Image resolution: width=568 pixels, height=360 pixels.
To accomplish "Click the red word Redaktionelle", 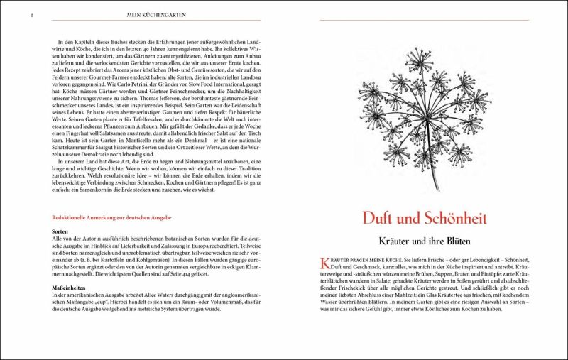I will point(77,217).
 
